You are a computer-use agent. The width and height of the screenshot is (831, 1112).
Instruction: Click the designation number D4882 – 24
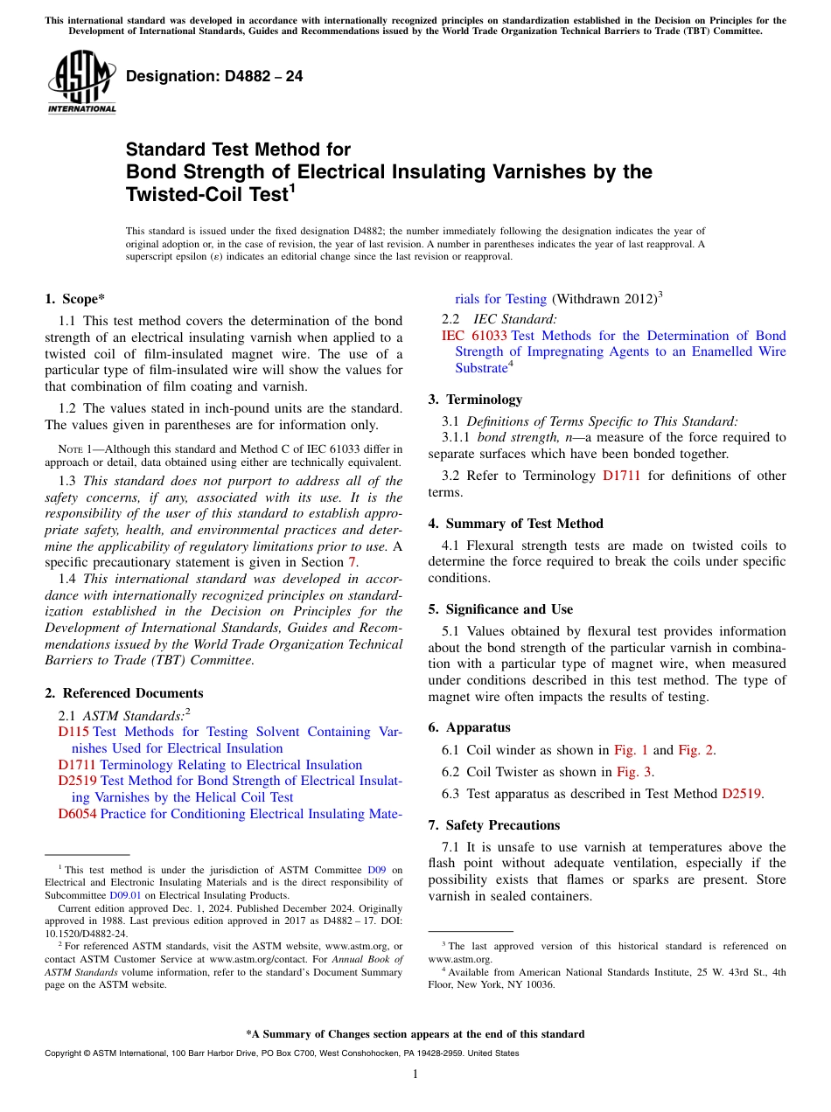(214, 76)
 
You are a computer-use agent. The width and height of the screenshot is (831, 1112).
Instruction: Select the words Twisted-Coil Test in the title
(206, 194)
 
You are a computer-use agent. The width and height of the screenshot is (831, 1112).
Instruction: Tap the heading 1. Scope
(75, 299)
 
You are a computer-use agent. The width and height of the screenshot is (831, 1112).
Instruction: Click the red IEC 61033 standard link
(474, 336)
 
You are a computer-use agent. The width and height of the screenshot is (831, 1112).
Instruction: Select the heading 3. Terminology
(475, 400)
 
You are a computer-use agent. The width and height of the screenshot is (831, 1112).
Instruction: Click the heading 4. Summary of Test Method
(515, 524)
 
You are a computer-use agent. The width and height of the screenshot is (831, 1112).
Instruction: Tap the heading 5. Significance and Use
(500, 609)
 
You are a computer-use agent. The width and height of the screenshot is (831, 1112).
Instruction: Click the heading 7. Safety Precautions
(493, 825)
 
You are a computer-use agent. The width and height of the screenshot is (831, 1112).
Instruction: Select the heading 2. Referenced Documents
(112, 693)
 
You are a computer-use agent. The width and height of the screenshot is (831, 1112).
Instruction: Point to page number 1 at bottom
(415, 1074)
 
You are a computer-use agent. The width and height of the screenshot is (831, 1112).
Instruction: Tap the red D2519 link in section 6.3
(742, 794)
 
